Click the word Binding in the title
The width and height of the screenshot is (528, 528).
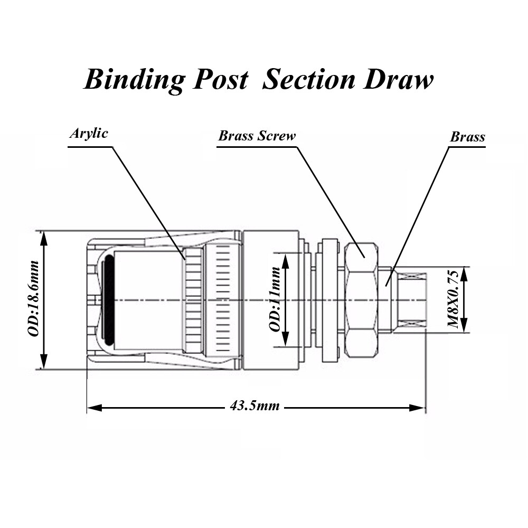point(135,80)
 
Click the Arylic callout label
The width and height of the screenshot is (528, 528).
point(89,133)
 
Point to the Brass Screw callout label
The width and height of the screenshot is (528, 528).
point(257,136)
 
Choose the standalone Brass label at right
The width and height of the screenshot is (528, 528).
point(467,137)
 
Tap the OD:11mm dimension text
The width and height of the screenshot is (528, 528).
point(275,299)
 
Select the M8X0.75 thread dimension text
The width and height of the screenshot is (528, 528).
point(454,299)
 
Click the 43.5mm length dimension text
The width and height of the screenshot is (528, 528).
point(254,407)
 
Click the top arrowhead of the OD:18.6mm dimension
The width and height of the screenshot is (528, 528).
point(44,238)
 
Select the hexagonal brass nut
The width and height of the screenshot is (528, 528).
point(360,299)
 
